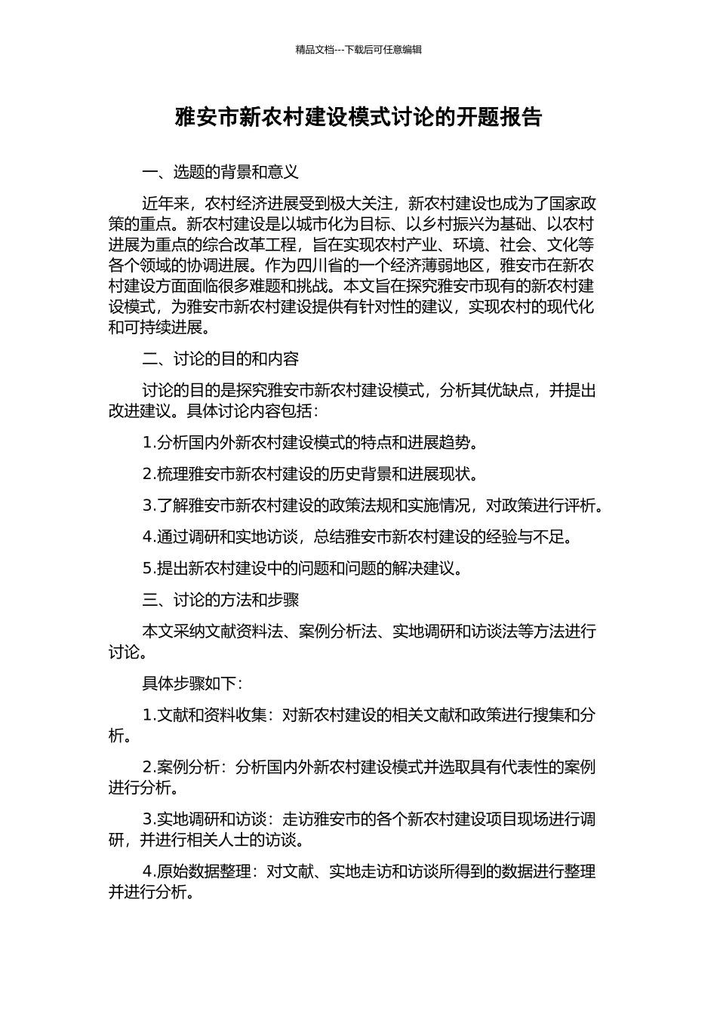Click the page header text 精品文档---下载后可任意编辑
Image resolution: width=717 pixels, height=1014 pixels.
pos(358,50)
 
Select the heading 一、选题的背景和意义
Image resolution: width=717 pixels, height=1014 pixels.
pos(220,172)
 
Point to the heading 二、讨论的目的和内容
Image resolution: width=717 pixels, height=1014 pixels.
pos(220,358)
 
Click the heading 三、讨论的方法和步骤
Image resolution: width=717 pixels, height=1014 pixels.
pos(220,600)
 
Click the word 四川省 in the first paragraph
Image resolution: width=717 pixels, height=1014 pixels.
pos(322,266)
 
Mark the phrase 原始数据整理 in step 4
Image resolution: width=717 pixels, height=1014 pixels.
pos(204,871)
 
